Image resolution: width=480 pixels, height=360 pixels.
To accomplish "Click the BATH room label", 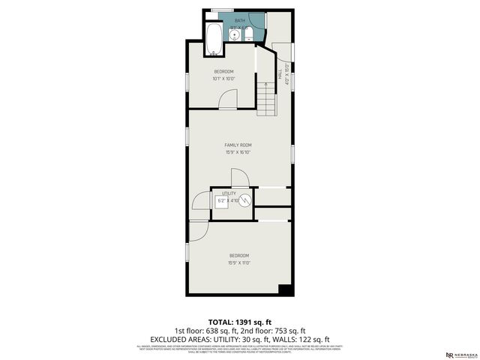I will coord(240,20).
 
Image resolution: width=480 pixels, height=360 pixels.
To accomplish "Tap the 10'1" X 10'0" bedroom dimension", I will coord(223,78).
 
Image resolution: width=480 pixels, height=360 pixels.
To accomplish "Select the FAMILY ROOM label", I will coord(238,145).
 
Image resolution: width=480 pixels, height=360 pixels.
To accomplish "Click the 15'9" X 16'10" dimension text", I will coord(238,152).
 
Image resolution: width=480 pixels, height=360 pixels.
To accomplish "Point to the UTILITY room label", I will coord(228,193).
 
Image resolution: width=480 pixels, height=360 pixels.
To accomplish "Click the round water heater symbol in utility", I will coord(245,199).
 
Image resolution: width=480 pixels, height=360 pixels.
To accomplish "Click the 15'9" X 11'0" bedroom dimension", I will coord(238,262).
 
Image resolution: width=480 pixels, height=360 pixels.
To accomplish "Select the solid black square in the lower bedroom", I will coord(283,289).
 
